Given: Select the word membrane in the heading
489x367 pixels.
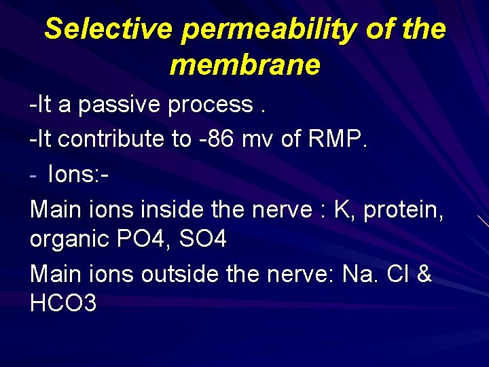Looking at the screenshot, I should click(x=244, y=65).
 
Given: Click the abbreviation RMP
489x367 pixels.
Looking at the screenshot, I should click(x=336, y=139).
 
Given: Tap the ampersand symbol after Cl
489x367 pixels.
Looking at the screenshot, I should click(x=424, y=274).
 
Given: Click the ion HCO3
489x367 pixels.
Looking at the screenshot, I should click(x=63, y=303).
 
